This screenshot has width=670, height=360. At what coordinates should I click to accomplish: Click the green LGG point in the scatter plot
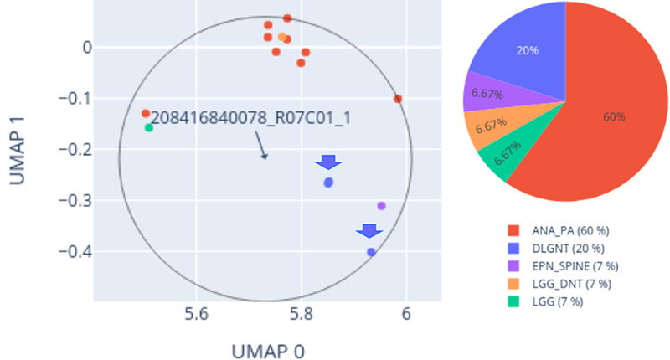point(149,128)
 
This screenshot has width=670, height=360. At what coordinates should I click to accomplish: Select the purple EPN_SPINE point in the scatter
point(382,206)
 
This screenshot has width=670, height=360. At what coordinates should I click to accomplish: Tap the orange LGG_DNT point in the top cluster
point(282,37)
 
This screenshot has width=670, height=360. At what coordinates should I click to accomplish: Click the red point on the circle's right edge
point(398,99)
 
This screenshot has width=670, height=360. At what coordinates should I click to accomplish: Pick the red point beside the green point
point(146,114)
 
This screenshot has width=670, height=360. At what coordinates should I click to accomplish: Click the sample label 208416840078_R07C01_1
point(250,118)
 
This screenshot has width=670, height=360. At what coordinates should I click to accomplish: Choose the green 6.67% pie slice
point(508,153)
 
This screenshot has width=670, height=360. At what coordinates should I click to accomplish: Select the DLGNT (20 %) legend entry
point(556,249)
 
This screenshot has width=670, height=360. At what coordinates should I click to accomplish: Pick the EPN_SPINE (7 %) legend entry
point(563,266)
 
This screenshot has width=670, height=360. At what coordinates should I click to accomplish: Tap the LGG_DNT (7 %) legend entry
point(559,284)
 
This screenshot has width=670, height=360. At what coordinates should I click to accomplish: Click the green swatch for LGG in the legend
point(513,302)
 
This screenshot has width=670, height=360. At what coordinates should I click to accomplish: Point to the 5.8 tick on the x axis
point(301,315)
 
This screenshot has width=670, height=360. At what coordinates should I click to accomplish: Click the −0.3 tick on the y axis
point(75,200)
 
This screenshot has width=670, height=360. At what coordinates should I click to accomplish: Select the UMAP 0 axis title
point(268,352)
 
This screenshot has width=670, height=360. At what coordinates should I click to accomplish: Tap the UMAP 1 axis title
point(17,151)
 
